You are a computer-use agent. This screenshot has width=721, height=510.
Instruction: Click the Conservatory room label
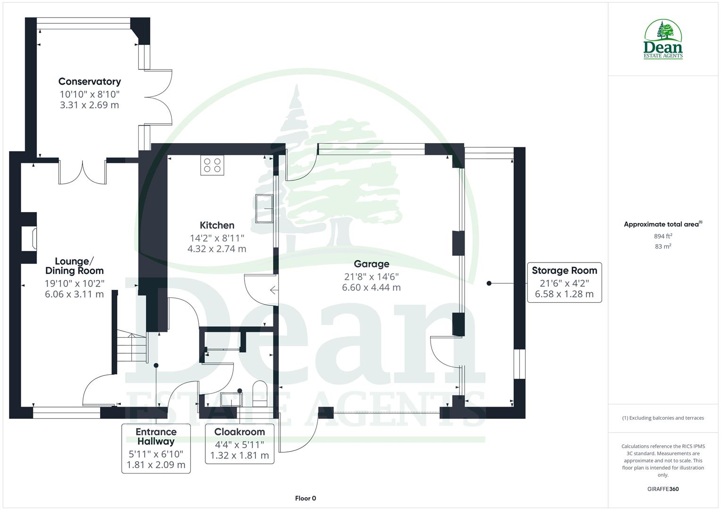89,82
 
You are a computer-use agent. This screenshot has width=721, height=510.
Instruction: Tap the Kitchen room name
217,225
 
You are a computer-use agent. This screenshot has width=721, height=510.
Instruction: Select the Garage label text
372,264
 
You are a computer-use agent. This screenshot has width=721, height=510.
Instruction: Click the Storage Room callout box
564,282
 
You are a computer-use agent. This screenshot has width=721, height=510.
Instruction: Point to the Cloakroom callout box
239,444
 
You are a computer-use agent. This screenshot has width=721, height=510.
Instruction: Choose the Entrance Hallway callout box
156,448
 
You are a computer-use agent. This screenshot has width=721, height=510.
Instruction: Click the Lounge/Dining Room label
75,266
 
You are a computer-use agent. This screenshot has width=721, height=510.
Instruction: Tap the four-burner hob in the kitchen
212,165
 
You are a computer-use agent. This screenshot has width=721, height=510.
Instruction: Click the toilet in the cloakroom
260,394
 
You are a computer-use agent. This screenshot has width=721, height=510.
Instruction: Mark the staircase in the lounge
131,347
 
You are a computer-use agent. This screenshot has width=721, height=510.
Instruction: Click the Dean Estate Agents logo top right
663,40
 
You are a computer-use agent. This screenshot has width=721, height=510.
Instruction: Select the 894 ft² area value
663,236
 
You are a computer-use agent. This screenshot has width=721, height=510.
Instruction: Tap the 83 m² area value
663,246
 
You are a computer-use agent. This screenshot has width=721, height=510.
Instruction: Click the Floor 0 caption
305,498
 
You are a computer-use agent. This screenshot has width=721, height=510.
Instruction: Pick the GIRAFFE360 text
663,489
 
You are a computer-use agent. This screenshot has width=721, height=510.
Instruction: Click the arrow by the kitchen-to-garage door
273,290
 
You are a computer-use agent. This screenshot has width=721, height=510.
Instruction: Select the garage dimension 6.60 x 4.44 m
372,288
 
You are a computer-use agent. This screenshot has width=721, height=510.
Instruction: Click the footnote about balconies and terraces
663,418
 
